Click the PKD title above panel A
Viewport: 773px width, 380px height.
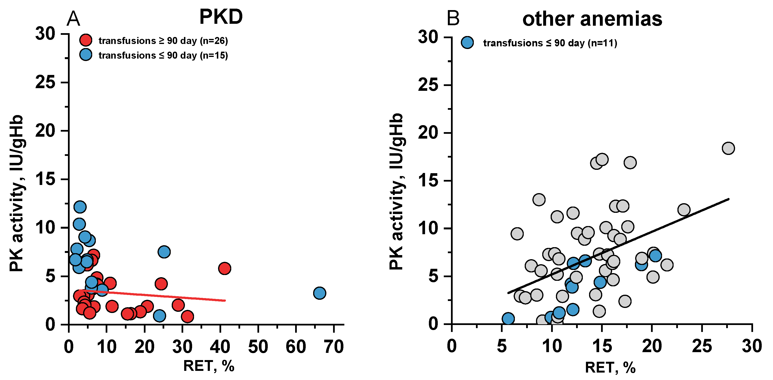(221, 17)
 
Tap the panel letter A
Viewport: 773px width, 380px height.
(73, 18)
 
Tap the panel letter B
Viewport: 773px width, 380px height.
(453, 18)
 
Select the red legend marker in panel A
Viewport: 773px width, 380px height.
(86, 40)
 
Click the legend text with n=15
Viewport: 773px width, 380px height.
(163, 55)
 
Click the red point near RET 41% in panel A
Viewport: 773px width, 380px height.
(225, 268)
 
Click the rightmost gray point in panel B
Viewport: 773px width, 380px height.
(729, 148)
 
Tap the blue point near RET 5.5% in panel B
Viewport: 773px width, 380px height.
(508, 319)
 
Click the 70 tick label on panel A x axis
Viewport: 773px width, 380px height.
(334, 347)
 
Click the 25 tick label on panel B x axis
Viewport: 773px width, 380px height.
(702, 346)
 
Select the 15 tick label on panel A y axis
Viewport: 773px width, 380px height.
(46, 179)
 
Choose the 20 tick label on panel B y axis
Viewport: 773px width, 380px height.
(428, 133)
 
